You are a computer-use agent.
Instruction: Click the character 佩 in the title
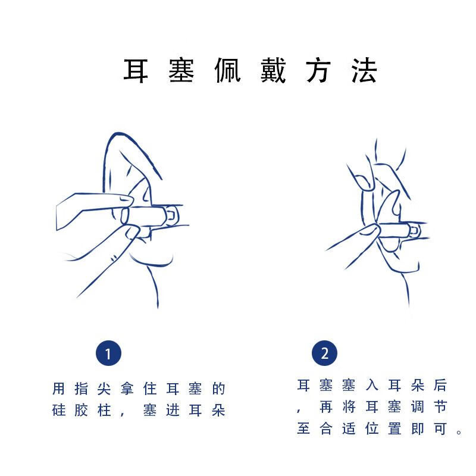pyautogui.click(x=227, y=70)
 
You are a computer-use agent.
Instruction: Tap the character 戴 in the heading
pyautogui.click(x=273, y=70)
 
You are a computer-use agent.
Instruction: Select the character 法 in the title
pyautogui.click(x=364, y=70)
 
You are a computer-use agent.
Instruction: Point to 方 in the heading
pyautogui.click(x=318, y=70)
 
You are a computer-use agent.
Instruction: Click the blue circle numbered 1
pyautogui.click(x=108, y=353)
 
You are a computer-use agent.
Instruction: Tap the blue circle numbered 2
pyautogui.click(x=324, y=353)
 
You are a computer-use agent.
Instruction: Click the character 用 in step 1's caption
pyautogui.click(x=58, y=389)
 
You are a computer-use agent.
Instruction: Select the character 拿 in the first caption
pyautogui.click(x=127, y=389)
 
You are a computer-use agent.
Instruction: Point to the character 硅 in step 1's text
pyautogui.click(x=58, y=411)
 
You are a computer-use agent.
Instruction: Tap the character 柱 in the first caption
pyautogui.click(x=104, y=411)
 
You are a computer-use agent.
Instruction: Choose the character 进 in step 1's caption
pyautogui.click(x=173, y=411)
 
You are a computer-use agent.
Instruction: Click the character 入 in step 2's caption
pyautogui.click(x=372, y=385)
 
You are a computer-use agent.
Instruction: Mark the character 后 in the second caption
pyautogui.click(x=440, y=385)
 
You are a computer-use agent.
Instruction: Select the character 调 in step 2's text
pyautogui.click(x=418, y=407)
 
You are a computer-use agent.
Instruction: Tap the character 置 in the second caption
pyautogui.click(x=394, y=428)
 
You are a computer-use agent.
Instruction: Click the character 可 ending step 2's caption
pyautogui.click(x=440, y=428)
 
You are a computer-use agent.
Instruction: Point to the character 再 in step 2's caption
pyautogui.click(x=326, y=407)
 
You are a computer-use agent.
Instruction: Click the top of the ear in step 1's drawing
pyautogui.click(x=119, y=133)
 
